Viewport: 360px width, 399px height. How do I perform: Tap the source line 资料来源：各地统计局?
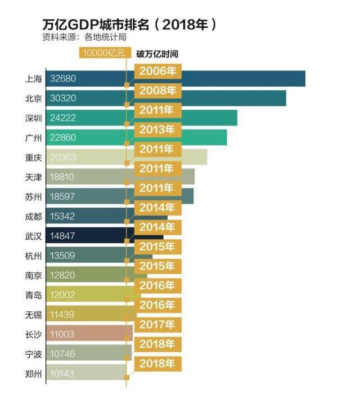pyautogui.click(x=84, y=38)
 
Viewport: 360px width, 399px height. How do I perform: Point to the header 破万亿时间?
pyautogui.click(x=157, y=54)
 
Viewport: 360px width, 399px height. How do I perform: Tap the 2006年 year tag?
pyautogui.click(x=157, y=71)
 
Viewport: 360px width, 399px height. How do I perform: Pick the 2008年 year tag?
pyautogui.click(x=157, y=91)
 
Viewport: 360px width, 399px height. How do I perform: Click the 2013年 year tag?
pyautogui.click(x=157, y=130)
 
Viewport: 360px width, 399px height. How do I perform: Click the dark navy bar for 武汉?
pyautogui.click(x=90, y=236)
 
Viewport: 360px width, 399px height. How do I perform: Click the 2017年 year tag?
pyautogui.click(x=157, y=325)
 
